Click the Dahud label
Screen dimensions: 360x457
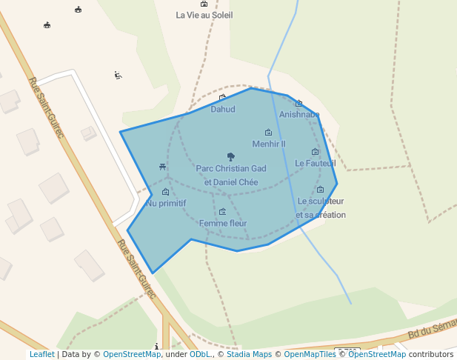click(x=223, y=110)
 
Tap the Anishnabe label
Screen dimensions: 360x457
click(x=299, y=115)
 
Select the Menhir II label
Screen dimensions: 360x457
click(x=269, y=144)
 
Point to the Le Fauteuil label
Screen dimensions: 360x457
click(x=316, y=163)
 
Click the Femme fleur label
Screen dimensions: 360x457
click(x=223, y=223)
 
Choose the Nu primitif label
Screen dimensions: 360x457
click(x=166, y=203)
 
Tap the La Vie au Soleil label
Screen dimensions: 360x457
click(x=204, y=15)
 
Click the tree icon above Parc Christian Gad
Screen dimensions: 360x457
click(x=231, y=156)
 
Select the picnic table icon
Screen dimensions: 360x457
click(x=162, y=167)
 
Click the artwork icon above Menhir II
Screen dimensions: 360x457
click(x=268, y=133)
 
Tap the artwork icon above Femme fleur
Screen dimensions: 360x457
click(x=222, y=212)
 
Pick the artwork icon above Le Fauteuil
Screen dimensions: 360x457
click(x=315, y=152)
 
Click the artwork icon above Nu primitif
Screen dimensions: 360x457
click(x=165, y=192)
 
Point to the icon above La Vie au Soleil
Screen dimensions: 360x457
click(x=204, y=4)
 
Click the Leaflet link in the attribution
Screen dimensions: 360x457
click(x=41, y=354)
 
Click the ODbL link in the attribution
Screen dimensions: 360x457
click(x=200, y=354)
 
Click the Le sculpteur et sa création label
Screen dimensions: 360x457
click(x=321, y=207)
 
